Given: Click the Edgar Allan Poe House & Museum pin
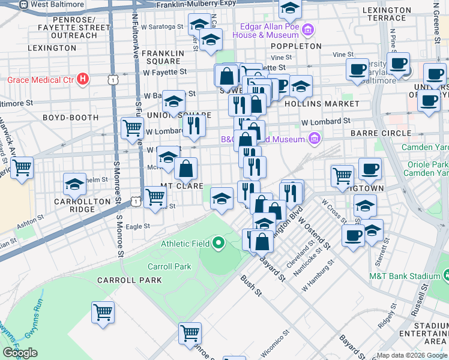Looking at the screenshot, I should tap(308, 29).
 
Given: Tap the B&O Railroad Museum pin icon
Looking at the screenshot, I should tap(313, 139).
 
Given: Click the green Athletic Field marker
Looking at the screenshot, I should tap(218, 244).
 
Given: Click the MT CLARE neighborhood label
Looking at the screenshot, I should tap(182, 187).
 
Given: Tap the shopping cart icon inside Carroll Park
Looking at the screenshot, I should tap(103, 312).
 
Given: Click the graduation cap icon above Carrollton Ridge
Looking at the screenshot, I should tap(74, 184).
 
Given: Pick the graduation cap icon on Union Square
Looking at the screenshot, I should tap(173, 101).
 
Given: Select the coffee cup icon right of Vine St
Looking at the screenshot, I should tap(358, 68).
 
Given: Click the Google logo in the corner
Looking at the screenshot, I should tap(20, 353).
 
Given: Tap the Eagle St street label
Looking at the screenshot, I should tap(137, 226).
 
